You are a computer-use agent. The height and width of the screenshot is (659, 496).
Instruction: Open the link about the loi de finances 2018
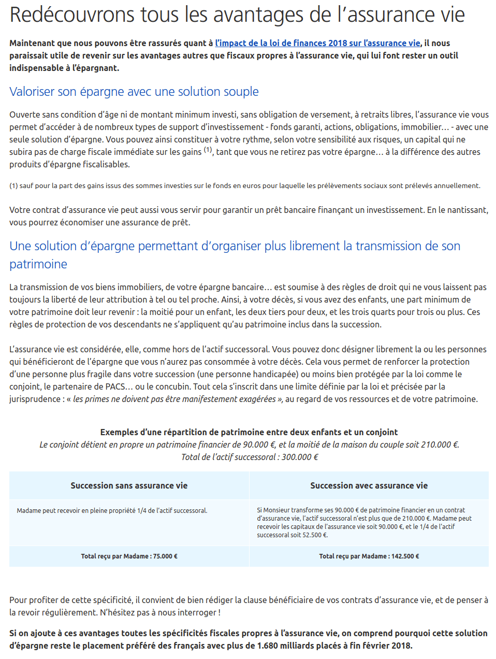(317, 43)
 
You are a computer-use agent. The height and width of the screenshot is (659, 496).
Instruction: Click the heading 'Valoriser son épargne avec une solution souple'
(134, 92)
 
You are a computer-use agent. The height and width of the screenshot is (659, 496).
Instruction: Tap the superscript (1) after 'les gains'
(208, 150)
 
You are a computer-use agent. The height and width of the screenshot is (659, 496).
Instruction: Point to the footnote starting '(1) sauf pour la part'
(244, 185)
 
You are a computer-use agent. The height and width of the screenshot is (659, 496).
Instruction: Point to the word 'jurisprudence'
(35, 399)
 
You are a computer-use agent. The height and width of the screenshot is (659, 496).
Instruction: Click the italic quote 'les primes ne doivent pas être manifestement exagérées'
(174, 399)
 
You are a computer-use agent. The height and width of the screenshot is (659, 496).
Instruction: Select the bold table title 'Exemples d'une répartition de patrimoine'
(249, 432)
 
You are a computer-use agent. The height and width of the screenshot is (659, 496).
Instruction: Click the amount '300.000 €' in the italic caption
(300, 457)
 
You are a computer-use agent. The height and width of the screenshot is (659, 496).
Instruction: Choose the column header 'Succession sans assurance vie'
(129, 485)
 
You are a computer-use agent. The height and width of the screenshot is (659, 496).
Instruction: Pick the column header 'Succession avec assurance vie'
(369, 485)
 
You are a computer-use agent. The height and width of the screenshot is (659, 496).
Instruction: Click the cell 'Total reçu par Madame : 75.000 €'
(129, 556)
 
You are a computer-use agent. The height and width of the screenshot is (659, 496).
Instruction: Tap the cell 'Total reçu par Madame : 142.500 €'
(369, 556)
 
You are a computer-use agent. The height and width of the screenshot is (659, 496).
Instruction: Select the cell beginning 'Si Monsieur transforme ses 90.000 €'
(364, 522)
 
